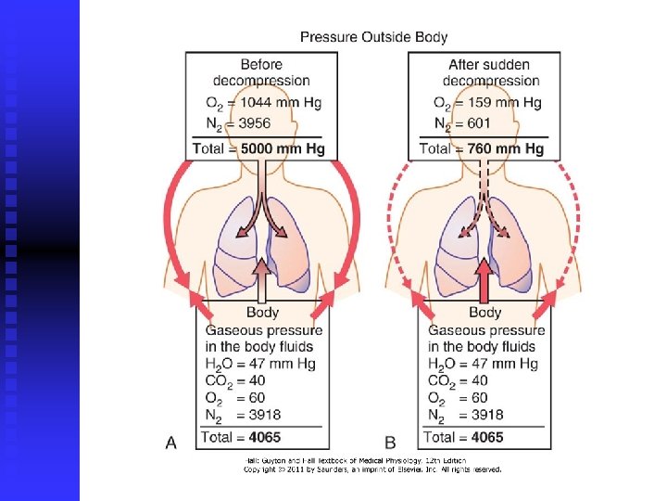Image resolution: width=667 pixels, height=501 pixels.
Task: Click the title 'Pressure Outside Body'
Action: pyautogui.click(x=373, y=37)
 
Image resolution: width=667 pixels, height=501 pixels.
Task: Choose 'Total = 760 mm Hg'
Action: pyautogui.click(x=482, y=148)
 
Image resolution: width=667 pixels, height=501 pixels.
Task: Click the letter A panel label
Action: pyautogui.click(x=171, y=443)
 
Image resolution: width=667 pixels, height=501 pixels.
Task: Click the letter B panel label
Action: pyautogui.click(x=392, y=443)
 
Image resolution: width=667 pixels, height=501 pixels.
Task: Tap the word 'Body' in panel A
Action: pyautogui.click(x=262, y=313)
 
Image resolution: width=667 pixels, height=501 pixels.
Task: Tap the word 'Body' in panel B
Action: pyautogui.click(x=485, y=313)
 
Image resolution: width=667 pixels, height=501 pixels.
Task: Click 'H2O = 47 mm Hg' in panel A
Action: pyautogui.click(x=260, y=364)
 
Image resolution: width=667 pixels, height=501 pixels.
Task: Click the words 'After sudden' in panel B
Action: pyautogui.click(x=489, y=65)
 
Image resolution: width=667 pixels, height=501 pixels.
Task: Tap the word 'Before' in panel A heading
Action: pyautogui.click(x=262, y=65)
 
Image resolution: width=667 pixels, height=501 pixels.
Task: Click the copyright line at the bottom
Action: pyautogui.click(x=372, y=469)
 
